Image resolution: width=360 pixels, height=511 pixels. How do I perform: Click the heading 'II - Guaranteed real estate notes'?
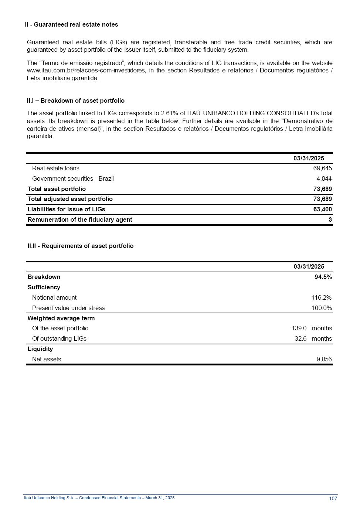71,25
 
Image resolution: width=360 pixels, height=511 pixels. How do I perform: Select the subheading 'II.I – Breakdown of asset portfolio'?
75,101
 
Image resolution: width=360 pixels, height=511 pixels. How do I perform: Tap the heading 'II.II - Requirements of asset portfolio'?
80,246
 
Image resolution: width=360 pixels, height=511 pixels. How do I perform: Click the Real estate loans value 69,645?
322,168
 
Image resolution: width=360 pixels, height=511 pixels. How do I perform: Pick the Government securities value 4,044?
324,179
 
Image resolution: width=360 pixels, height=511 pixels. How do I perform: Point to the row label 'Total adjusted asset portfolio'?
70,199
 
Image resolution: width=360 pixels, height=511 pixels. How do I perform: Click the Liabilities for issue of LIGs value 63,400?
322,209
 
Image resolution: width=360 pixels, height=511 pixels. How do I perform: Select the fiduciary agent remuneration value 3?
330,220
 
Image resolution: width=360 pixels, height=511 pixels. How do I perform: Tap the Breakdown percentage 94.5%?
323,277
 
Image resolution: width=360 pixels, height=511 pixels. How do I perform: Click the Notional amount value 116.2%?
321,298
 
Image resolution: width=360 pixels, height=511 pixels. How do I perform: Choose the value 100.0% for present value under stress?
321,308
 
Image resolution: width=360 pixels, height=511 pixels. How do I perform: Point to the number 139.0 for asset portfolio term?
299,328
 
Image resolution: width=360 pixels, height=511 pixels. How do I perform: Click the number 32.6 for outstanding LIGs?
300,339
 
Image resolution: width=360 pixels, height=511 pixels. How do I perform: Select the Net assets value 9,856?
324,360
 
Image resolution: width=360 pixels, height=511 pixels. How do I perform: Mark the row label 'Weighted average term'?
61,318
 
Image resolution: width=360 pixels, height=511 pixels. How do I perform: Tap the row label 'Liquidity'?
40,349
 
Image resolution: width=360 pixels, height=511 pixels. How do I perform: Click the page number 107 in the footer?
333,499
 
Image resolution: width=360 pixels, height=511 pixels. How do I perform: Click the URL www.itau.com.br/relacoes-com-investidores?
86,71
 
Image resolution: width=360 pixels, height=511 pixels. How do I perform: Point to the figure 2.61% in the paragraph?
170,113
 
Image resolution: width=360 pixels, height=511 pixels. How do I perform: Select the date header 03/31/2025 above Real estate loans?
309,159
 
